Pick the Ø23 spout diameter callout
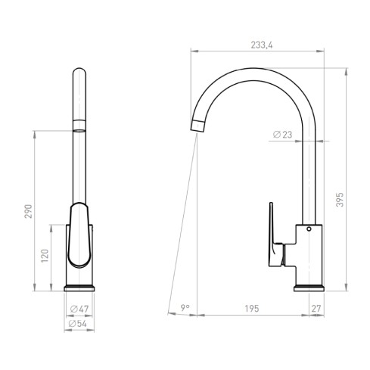pyautogui.click(x=282, y=135)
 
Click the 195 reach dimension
pyautogui.click(x=252, y=308)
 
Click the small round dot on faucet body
pyautogui.click(x=308, y=229)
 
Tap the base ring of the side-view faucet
pyautogui.click(x=309, y=286)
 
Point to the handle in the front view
pyautogui.click(x=79, y=235)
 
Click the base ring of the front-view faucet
pyautogui.click(x=80, y=286)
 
